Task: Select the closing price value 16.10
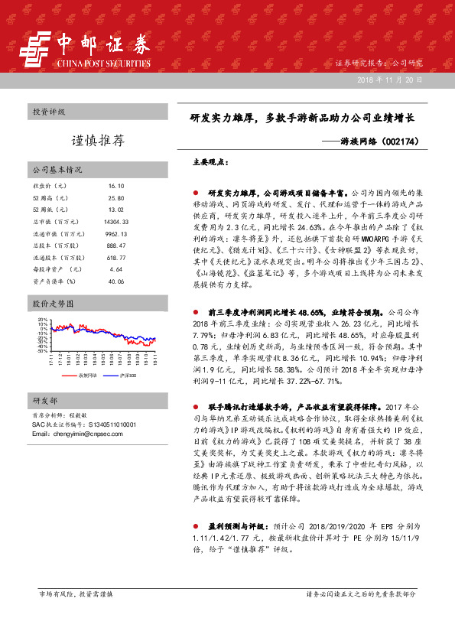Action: tap(116, 186)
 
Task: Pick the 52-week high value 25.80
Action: tap(116, 197)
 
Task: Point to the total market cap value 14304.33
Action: tap(116, 221)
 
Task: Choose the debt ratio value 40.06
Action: tap(116, 281)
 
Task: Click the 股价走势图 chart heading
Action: tap(52, 304)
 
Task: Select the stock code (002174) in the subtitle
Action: tap(414, 142)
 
